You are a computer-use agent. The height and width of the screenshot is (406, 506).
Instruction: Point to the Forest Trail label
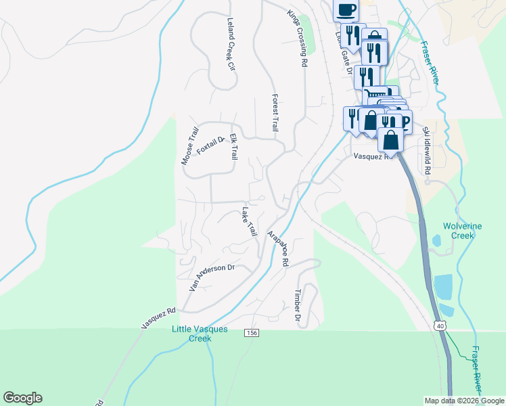(275, 112)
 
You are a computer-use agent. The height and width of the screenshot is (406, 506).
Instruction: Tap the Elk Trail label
(233, 145)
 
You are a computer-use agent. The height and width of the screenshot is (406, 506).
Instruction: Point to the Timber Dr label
(296, 305)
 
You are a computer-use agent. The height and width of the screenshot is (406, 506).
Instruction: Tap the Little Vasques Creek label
(200, 334)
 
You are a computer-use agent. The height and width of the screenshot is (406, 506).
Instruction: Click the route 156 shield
(252, 333)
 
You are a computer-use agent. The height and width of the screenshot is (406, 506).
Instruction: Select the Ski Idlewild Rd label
(426, 150)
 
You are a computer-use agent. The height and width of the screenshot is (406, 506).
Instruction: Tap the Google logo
(22, 398)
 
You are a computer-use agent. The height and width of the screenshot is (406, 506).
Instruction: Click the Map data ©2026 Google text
(463, 401)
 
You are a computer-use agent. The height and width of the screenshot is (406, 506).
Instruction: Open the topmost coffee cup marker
(345, 9)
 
